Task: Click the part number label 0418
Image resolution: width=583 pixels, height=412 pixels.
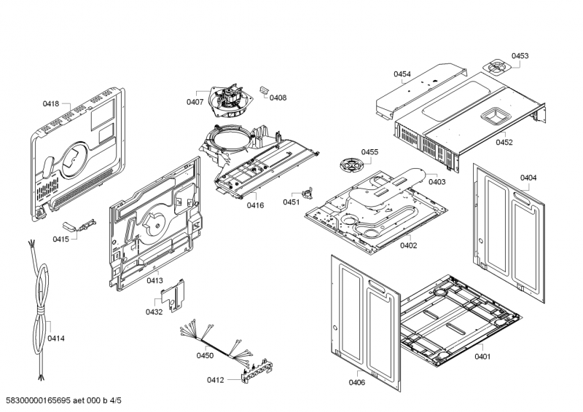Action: (x=50, y=104)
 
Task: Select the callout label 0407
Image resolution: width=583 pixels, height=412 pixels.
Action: (x=195, y=102)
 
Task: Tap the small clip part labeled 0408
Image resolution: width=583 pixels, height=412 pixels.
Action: (x=265, y=90)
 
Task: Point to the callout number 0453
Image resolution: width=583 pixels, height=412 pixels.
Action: (x=520, y=56)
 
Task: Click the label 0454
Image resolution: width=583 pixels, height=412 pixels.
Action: (x=402, y=74)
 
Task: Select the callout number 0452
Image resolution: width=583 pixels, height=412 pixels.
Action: (x=504, y=143)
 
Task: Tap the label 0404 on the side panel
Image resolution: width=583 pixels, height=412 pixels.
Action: (x=528, y=178)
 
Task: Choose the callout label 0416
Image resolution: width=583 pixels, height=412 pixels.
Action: (x=255, y=206)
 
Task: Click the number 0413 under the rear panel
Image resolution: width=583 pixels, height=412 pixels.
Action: (x=154, y=280)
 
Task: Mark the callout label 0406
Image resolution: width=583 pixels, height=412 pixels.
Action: (x=356, y=383)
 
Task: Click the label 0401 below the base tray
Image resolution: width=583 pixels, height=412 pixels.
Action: (x=482, y=356)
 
